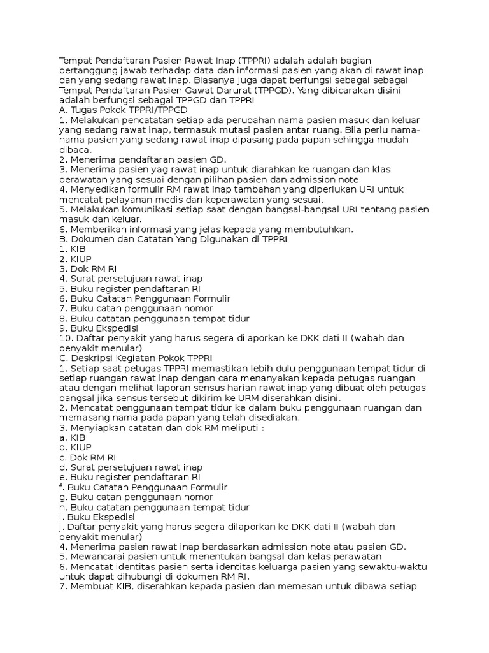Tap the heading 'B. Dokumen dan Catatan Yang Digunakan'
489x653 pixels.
tap(173, 238)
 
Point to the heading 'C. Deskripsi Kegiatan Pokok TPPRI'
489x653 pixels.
tap(136, 358)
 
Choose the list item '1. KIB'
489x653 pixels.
tap(72, 249)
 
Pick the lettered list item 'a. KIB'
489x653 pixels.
tap(71, 437)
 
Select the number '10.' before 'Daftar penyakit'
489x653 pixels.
tap(66, 338)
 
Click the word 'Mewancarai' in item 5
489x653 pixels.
tap(99, 556)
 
